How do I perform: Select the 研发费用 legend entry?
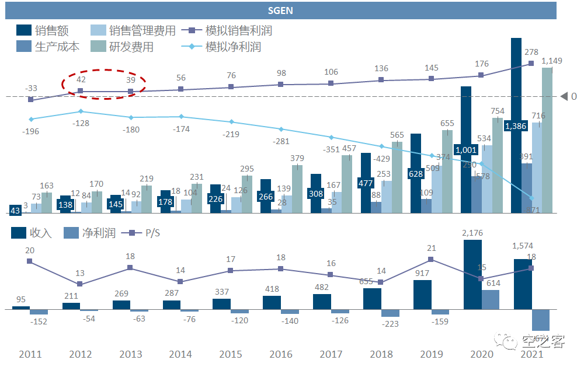(x=122, y=47)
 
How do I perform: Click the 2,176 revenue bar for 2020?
(x=472, y=274)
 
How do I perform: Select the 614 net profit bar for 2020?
(x=491, y=299)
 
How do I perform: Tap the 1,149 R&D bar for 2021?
(x=547, y=140)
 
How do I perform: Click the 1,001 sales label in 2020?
(x=466, y=149)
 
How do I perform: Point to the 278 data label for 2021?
(x=531, y=53)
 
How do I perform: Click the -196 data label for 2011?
(x=30, y=131)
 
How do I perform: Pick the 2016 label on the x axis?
(x=280, y=354)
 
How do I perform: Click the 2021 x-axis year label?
(x=531, y=354)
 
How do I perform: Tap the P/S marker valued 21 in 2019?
(x=430, y=259)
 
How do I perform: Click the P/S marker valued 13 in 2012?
(x=80, y=284)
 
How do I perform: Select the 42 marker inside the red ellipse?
(x=81, y=91)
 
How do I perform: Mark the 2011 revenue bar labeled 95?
(x=21, y=307)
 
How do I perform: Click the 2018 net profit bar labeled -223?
(x=390, y=313)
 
